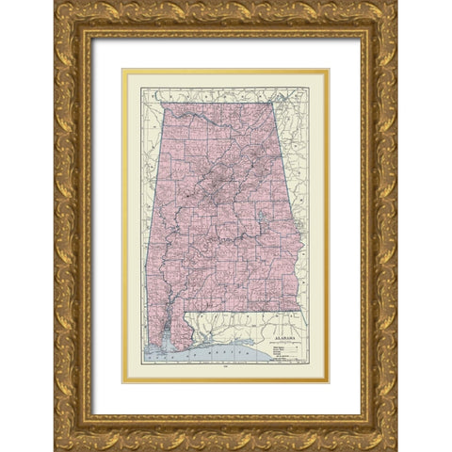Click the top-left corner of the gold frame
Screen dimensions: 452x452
coord(56,3)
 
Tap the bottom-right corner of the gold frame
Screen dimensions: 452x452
coord(396,449)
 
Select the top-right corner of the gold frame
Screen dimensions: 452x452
coord(396,3)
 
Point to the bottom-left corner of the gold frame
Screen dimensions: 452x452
coord(56,449)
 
